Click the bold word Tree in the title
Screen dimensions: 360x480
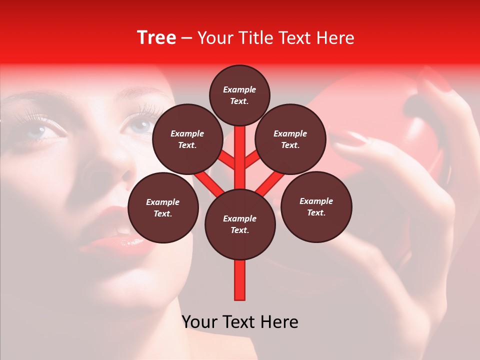156,37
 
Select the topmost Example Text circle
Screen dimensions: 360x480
239,95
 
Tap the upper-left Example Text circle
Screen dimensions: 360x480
187,139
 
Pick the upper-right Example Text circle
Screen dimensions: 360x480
290,139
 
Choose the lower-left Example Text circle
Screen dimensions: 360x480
163,207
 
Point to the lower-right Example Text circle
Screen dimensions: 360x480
316,206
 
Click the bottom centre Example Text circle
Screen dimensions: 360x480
240,224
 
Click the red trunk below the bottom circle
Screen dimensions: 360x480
240,280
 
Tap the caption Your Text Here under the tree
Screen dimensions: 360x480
240,322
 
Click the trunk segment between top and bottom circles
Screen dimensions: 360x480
240,160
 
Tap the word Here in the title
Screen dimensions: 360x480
335,38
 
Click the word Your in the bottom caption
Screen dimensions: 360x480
199,322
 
